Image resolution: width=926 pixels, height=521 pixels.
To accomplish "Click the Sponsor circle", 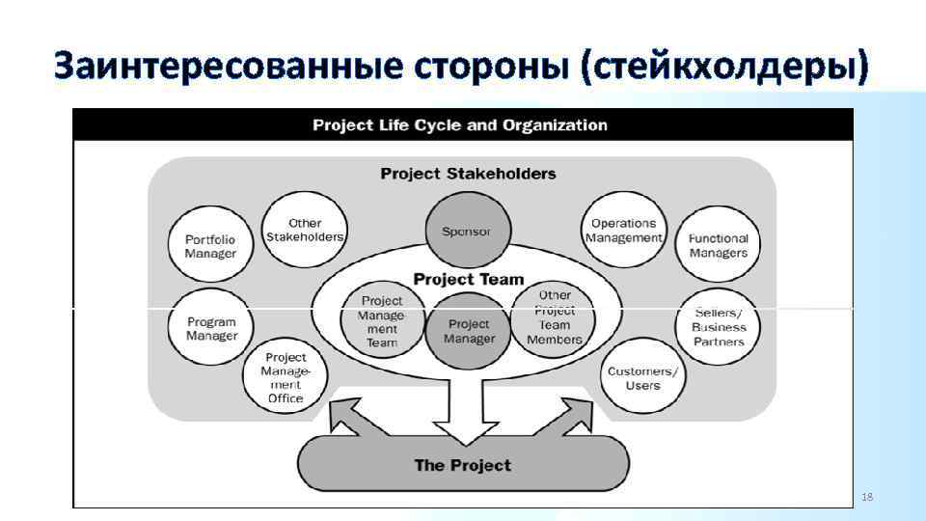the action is pos(467,232).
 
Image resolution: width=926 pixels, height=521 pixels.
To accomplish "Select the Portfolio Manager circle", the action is pos(210,245).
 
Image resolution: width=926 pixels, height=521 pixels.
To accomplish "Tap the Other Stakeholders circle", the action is pos(305,230).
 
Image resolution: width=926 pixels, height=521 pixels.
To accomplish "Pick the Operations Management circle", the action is pos(623,230).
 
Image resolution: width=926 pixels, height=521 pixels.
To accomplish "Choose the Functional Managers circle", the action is pos(719,245).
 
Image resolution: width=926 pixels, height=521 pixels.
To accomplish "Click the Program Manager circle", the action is pos(211,328).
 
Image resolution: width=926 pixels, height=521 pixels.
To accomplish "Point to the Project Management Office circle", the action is pos(286,377).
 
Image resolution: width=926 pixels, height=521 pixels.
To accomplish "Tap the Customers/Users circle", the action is pos(642,377).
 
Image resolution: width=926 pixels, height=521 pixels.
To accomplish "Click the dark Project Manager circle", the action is pos(470,332).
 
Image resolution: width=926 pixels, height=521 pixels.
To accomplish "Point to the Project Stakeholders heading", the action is pos(468,174).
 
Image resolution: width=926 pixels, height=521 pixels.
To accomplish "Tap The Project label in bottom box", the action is pos(463,465).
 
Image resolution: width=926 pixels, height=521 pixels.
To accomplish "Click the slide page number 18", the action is pos(866,497).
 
